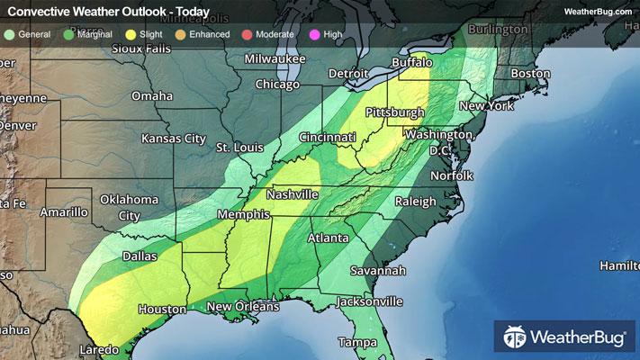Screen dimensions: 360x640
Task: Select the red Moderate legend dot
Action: (x=246, y=34)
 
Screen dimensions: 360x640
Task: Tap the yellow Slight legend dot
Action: (x=131, y=34)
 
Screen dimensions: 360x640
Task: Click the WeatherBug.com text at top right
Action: (x=598, y=11)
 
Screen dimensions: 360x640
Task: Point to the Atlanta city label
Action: (x=329, y=238)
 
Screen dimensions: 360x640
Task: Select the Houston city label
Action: (x=162, y=309)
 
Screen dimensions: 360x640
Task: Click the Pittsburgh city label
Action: (x=394, y=112)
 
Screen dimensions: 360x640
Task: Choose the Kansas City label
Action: (x=174, y=139)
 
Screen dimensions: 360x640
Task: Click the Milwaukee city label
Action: (x=275, y=59)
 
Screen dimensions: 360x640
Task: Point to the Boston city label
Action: (x=530, y=73)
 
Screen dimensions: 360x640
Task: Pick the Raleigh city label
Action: (x=414, y=202)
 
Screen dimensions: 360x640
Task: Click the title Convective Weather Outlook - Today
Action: (x=109, y=13)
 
